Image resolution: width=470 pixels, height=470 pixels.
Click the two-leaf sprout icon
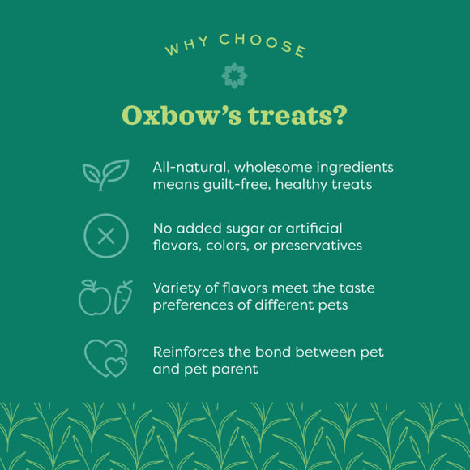pos(105,174)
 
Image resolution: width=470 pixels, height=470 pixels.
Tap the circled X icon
pos(105,236)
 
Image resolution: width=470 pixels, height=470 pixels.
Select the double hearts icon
pos(106,357)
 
